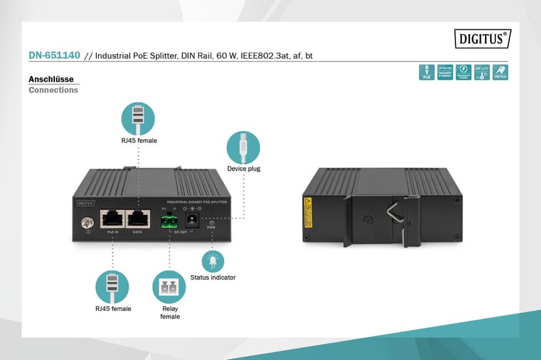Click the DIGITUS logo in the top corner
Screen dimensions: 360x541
[x=483, y=39]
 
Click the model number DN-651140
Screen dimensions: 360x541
[x=54, y=56]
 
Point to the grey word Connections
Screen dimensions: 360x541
[x=53, y=90]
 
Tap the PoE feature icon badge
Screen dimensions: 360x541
[x=427, y=72]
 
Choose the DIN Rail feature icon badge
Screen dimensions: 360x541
[x=500, y=72]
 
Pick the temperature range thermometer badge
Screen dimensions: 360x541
[x=482, y=72]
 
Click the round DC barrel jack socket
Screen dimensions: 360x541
[x=193, y=220]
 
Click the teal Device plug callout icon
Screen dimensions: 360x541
[x=243, y=147]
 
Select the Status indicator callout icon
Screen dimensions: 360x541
[x=212, y=261]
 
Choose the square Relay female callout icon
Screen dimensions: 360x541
[x=169, y=287]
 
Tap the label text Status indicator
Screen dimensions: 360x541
[x=213, y=278]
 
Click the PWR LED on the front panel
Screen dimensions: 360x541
[x=211, y=223]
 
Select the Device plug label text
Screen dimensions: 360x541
[x=244, y=169]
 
